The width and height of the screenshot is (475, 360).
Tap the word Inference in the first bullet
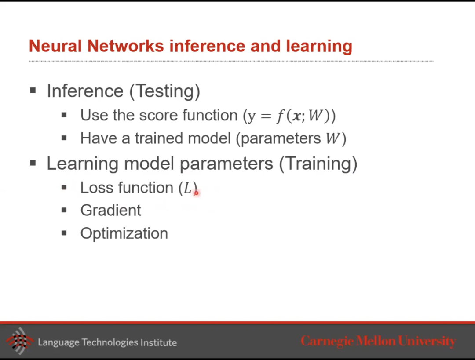(x=85, y=91)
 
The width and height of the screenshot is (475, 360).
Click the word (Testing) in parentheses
(x=165, y=91)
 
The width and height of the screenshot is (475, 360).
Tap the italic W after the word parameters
(x=333, y=138)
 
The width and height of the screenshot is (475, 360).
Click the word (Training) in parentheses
(x=318, y=164)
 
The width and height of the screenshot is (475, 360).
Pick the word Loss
(x=97, y=188)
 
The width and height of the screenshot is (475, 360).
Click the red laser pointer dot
(x=196, y=193)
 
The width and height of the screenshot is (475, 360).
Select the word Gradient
(x=110, y=211)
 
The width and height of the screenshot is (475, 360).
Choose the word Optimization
(x=124, y=234)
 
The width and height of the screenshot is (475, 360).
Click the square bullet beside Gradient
(x=64, y=211)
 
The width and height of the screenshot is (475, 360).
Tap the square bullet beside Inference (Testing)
(x=33, y=91)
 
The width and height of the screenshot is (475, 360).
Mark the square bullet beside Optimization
(x=64, y=233)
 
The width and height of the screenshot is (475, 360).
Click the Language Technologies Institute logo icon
(x=20, y=341)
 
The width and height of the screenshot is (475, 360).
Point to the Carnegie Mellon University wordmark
(x=378, y=342)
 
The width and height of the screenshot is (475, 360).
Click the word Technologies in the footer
(x=110, y=343)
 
